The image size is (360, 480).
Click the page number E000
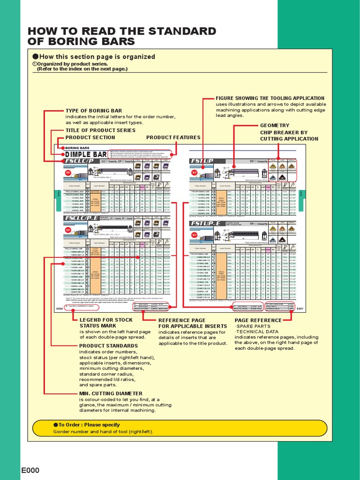click(30, 470)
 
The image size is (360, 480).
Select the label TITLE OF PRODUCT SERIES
click(100, 130)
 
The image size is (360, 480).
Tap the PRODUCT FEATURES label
click(173, 137)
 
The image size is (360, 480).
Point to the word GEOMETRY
click(275, 126)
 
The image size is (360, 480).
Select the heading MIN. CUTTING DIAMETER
click(111, 393)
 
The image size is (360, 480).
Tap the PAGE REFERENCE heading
click(258, 320)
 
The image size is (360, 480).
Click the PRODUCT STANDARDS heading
click(108, 345)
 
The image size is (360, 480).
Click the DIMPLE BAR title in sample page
click(86, 154)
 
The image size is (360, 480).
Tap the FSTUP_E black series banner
click(207, 224)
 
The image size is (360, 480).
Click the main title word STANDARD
click(181, 32)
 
